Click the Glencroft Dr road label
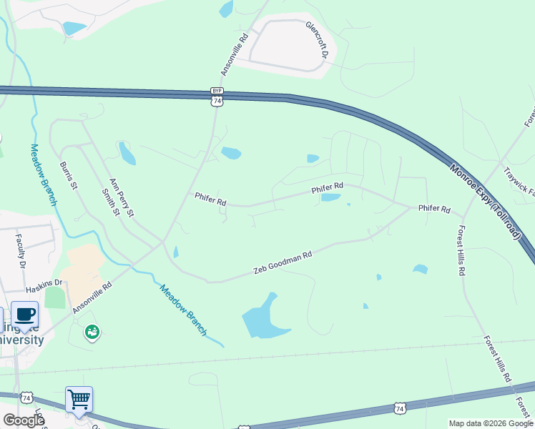[317, 40]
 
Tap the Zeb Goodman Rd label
[284, 264]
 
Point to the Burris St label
[68, 175]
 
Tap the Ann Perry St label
[121, 197]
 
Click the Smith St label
[109, 202]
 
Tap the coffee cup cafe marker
[26, 315]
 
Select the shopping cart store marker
[79, 399]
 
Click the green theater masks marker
[92, 331]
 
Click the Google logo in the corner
[24, 420]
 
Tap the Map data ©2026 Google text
[491, 423]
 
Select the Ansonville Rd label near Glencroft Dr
[235, 54]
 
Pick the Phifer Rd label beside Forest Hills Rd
[434, 209]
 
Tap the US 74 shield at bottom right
[400, 408]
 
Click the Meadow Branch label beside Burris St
[43, 174]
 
